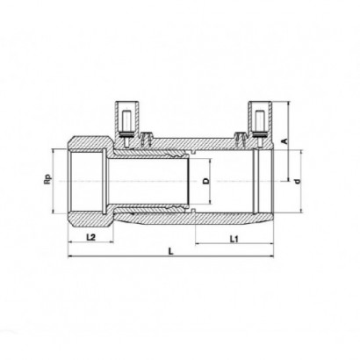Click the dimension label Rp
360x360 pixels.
(x=47, y=179)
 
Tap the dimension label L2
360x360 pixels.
(x=91, y=237)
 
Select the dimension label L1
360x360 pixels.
(x=234, y=240)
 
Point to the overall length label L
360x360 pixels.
(x=170, y=251)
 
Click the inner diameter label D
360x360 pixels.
(x=206, y=181)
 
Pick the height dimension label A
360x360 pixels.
(x=284, y=141)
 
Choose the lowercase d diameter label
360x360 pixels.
(x=298, y=182)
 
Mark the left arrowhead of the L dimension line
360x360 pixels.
(x=70, y=256)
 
